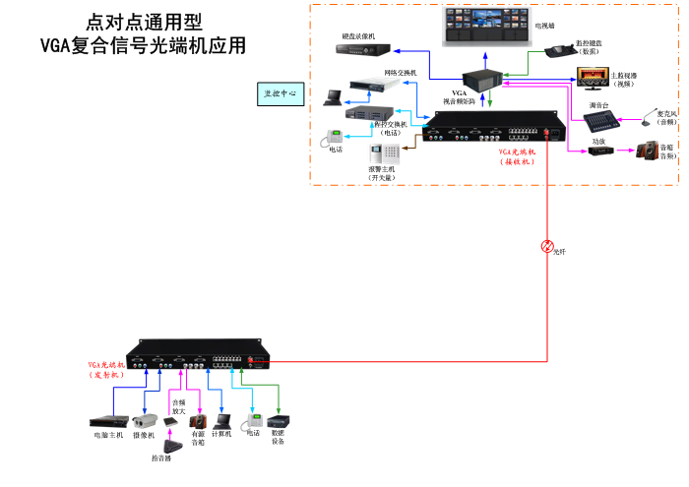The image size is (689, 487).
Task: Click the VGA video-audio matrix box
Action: pos(484,77)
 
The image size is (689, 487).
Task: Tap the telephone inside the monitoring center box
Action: pos(328,137)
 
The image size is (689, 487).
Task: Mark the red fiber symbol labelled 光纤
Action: pos(547,245)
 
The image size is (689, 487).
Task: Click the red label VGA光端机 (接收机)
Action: pos(518,157)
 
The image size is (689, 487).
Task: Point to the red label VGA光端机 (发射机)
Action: pos(107,369)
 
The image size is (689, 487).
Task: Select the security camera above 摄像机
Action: pos(145,420)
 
